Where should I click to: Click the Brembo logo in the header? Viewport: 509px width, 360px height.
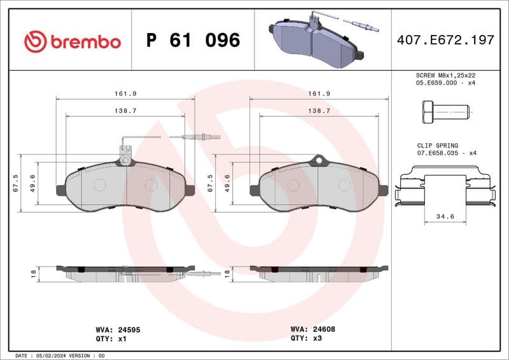pyautogui.click(x=72, y=41)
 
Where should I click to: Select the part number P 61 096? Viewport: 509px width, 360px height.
pyautogui.click(x=193, y=41)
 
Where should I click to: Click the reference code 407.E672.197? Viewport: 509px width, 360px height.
pyautogui.click(x=445, y=41)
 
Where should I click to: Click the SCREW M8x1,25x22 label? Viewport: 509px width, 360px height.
pyautogui.click(x=445, y=74)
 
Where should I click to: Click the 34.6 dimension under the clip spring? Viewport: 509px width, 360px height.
pyautogui.click(x=445, y=217)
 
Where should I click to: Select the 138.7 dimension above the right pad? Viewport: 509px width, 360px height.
pyautogui.click(x=319, y=110)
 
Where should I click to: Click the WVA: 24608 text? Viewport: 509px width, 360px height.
pyautogui.click(x=312, y=329)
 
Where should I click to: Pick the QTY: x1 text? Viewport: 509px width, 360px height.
pyautogui.click(x=109, y=339)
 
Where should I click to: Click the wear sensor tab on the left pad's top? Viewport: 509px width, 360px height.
pyautogui.click(x=125, y=153)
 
